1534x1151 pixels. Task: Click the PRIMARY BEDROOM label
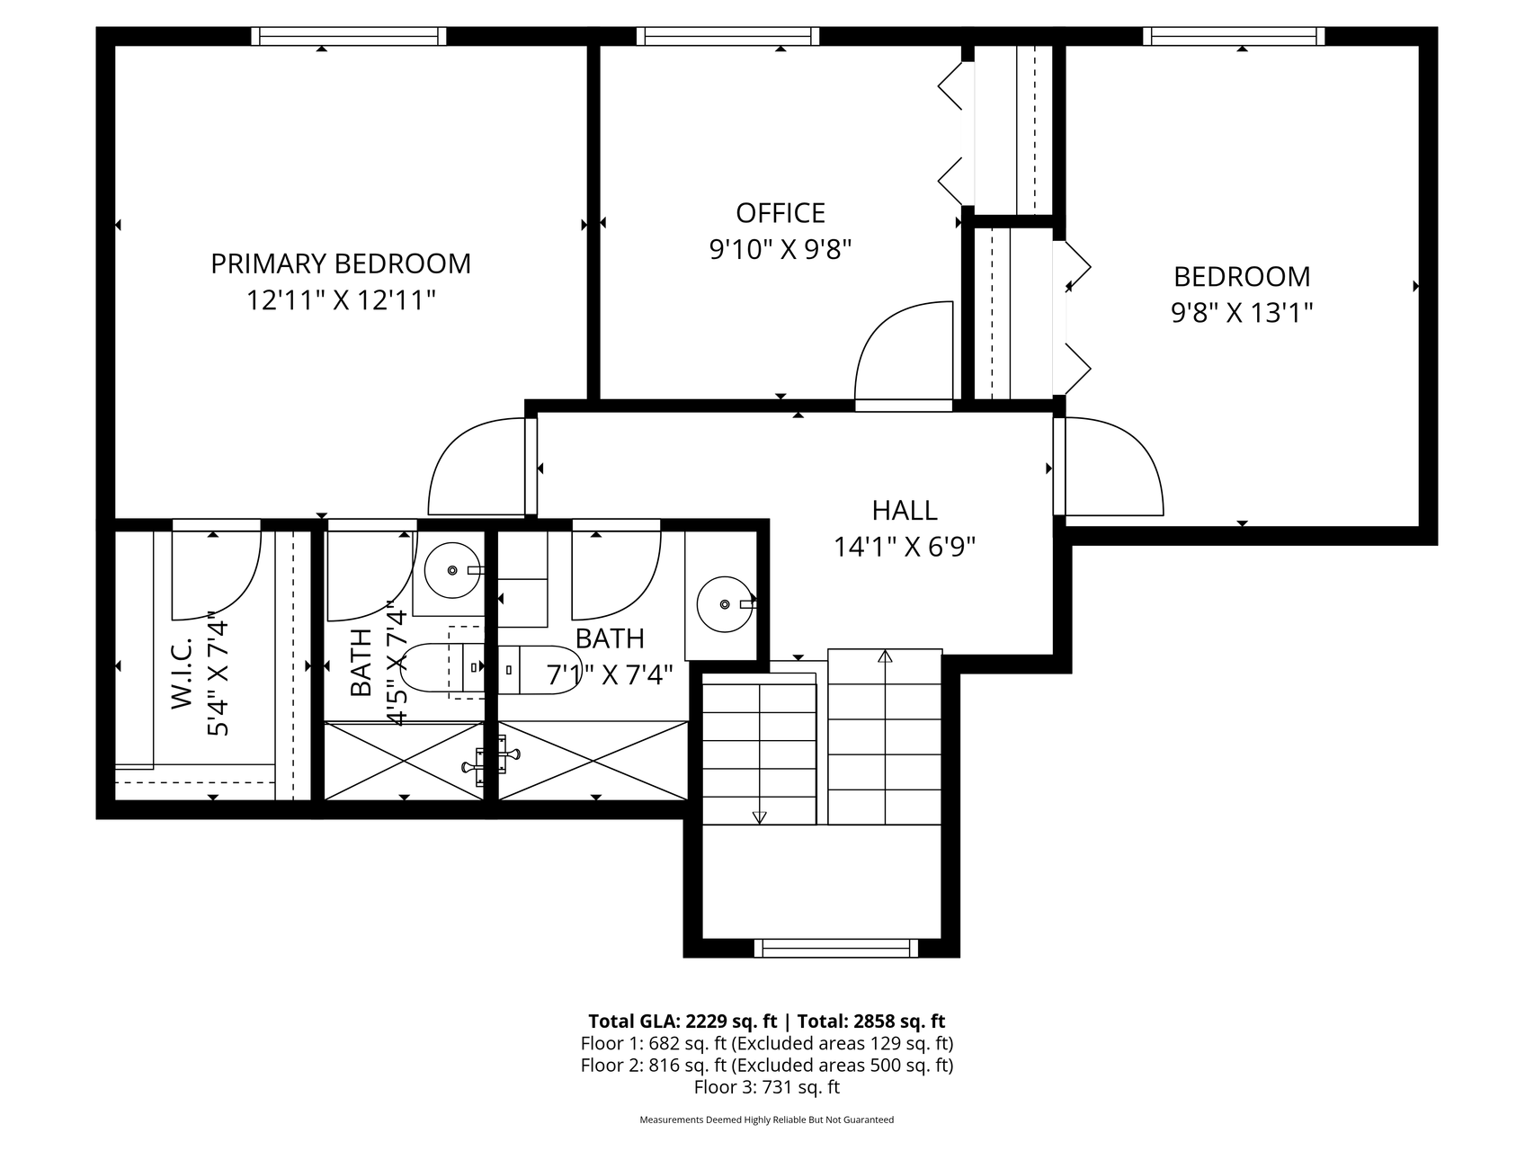[x=341, y=263]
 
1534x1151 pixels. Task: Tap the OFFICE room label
[x=780, y=213]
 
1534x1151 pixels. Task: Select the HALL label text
[x=905, y=511]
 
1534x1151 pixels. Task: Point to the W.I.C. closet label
[x=183, y=674]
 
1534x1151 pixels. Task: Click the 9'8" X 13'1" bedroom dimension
[x=1242, y=313]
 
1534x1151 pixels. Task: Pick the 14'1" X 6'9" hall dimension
[x=905, y=547]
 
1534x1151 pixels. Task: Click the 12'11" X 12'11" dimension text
[x=341, y=300]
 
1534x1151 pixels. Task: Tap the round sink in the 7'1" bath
[x=725, y=604]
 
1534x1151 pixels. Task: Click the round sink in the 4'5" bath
[x=451, y=570]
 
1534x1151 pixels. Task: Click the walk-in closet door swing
[x=216, y=572]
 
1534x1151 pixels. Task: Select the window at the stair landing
[x=836, y=948]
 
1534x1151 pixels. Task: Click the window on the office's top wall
[x=728, y=36]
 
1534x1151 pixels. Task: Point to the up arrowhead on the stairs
[x=885, y=656]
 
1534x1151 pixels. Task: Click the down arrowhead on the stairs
[x=759, y=817]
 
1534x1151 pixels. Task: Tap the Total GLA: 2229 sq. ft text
[x=682, y=1022]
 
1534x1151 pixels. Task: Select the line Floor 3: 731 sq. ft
[x=767, y=1087]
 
